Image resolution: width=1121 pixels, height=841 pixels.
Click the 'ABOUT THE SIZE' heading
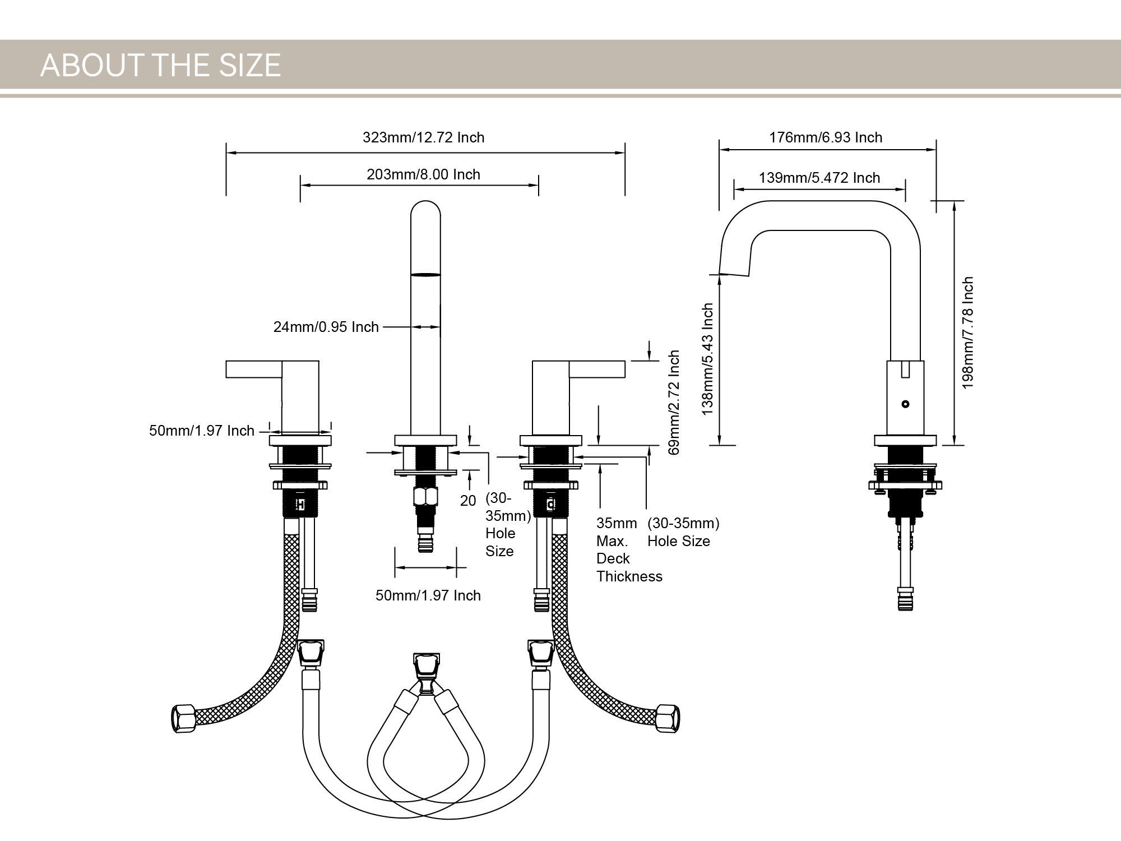coord(160,65)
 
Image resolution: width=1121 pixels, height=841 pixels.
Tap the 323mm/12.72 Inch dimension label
coord(423,137)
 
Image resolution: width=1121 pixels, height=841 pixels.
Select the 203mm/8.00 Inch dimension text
coord(423,174)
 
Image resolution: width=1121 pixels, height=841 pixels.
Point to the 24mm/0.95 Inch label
coord(326,327)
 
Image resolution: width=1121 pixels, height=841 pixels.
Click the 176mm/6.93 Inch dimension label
coord(826,137)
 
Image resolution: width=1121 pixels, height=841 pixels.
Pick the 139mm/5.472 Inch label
coord(819,178)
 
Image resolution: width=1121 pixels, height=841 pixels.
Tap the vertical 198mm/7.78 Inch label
coord(968,332)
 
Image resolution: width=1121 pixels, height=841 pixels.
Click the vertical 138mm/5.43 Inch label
coord(708,359)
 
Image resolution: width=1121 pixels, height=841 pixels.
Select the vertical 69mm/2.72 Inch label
coord(674,402)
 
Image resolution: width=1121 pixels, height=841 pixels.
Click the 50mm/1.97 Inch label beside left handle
coord(201,431)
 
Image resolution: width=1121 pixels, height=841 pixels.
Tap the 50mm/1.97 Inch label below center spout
coord(428,595)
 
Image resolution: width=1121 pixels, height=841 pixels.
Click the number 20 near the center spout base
coord(467,501)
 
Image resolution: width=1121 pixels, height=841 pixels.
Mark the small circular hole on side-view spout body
coord(905,404)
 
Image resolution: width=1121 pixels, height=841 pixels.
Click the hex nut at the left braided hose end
coord(183,718)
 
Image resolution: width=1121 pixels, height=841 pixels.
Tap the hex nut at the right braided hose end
coord(668,718)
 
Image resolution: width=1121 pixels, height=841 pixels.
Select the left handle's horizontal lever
coord(253,369)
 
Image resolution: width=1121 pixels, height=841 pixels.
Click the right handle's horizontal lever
coord(597,369)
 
